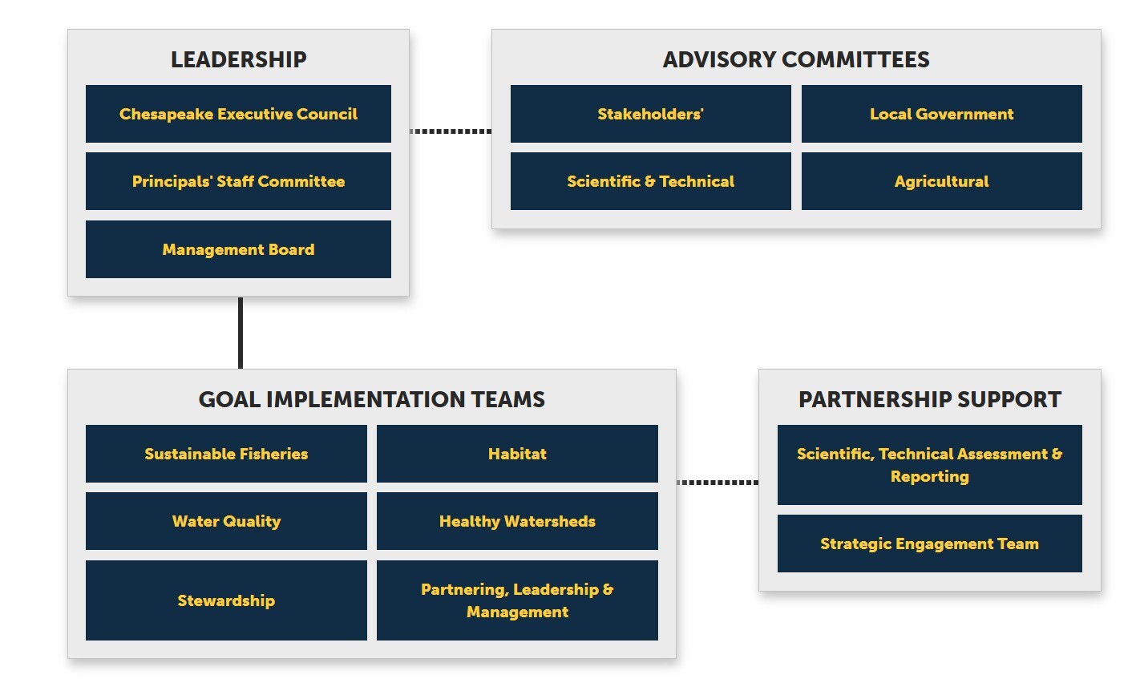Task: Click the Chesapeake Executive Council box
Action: pyautogui.click(x=238, y=114)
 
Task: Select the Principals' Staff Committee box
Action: pyautogui.click(x=238, y=181)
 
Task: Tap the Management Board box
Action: pyautogui.click(x=238, y=249)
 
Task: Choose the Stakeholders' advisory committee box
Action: pyautogui.click(x=650, y=114)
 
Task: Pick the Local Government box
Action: pyautogui.click(x=941, y=114)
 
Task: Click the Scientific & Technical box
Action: pyautogui.click(x=650, y=181)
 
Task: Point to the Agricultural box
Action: pyautogui.click(x=941, y=181)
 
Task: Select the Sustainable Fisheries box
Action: pyautogui.click(x=226, y=454)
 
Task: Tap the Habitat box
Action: pyautogui.click(x=517, y=454)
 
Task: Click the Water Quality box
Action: pyautogui.click(x=226, y=521)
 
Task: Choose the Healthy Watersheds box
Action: pyautogui.click(x=517, y=521)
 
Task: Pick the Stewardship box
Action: pyautogui.click(x=226, y=600)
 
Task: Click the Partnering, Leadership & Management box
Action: pyautogui.click(x=517, y=600)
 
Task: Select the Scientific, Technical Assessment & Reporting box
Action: pyautogui.click(x=929, y=465)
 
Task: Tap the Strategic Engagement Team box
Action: pyautogui.click(x=929, y=544)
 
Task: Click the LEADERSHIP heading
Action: pyautogui.click(x=238, y=59)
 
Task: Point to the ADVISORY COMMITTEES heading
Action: pyautogui.click(x=796, y=59)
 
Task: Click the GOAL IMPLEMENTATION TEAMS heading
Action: pyautogui.click(x=371, y=399)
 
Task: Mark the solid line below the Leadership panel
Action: pyautogui.click(x=241, y=333)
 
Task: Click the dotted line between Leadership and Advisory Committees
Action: pyautogui.click(x=451, y=131)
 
